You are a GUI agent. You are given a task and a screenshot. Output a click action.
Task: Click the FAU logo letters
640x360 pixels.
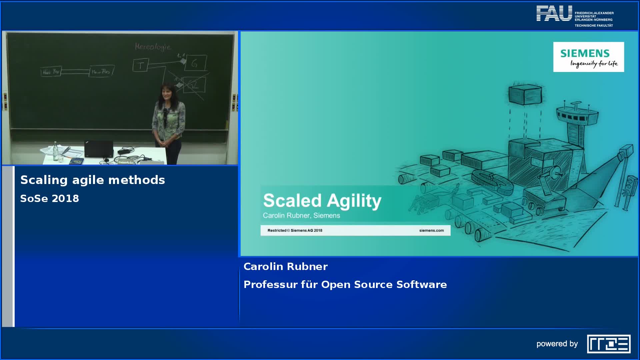coord(554,14)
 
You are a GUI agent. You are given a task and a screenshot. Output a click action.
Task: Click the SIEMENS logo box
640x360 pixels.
coord(588,57)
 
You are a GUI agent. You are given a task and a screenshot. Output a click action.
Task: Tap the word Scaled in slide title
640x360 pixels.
coord(292,201)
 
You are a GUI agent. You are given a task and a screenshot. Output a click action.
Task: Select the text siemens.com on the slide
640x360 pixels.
coord(431,230)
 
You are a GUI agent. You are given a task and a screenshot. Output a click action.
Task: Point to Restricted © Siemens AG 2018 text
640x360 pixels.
coord(295,230)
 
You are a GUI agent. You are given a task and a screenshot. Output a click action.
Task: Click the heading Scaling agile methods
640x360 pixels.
coord(93,180)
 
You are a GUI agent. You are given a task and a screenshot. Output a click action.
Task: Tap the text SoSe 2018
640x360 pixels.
coord(50,199)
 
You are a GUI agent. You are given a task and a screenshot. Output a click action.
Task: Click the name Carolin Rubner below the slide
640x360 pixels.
coord(285,267)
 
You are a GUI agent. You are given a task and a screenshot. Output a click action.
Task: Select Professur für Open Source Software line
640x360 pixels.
coord(345,285)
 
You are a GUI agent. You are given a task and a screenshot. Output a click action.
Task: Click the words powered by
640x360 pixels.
coord(557,344)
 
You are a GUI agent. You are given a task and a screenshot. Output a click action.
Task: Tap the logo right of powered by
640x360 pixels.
coord(609,344)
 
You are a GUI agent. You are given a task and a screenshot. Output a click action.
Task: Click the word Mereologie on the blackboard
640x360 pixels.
coord(153,47)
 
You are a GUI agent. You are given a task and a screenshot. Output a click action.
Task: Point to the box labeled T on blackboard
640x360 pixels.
coord(141,65)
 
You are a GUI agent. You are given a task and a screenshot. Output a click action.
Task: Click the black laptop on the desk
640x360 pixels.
coord(99,149)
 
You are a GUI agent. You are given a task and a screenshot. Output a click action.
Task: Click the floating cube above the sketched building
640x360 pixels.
coord(525,94)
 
